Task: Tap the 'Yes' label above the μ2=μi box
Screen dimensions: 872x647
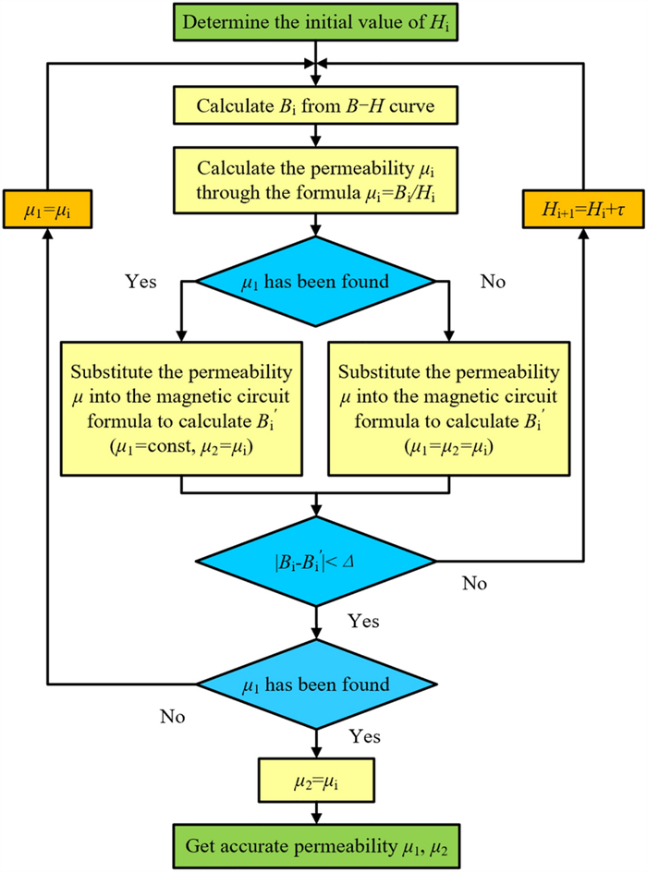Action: coord(365,738)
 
